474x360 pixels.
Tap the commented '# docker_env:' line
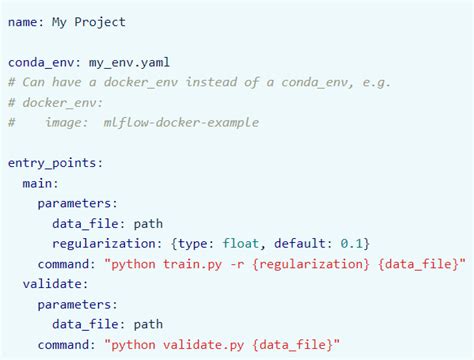click(x=53, y=101)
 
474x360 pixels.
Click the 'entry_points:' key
click(x=57, y=162)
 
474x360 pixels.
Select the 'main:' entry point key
click(x=41, y=182)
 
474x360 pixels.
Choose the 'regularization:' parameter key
click(x=105, y=242)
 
